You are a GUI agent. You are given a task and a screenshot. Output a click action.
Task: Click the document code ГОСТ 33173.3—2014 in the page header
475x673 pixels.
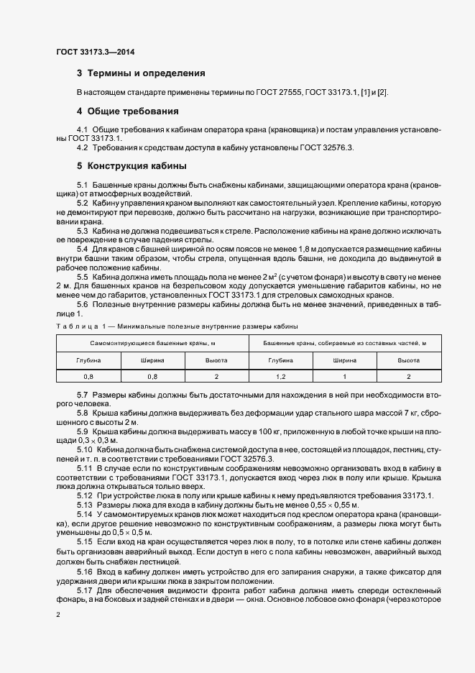[x=95, y=52]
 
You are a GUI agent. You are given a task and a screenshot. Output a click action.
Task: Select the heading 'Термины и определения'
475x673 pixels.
[x=146, y=73]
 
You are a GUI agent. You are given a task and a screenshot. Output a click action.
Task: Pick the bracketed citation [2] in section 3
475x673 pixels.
[x=382, y=93]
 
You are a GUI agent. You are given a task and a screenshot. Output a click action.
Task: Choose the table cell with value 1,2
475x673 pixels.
[x=280, y=376]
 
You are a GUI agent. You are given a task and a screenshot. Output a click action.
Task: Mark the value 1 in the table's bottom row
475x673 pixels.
[x=344, y=376]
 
